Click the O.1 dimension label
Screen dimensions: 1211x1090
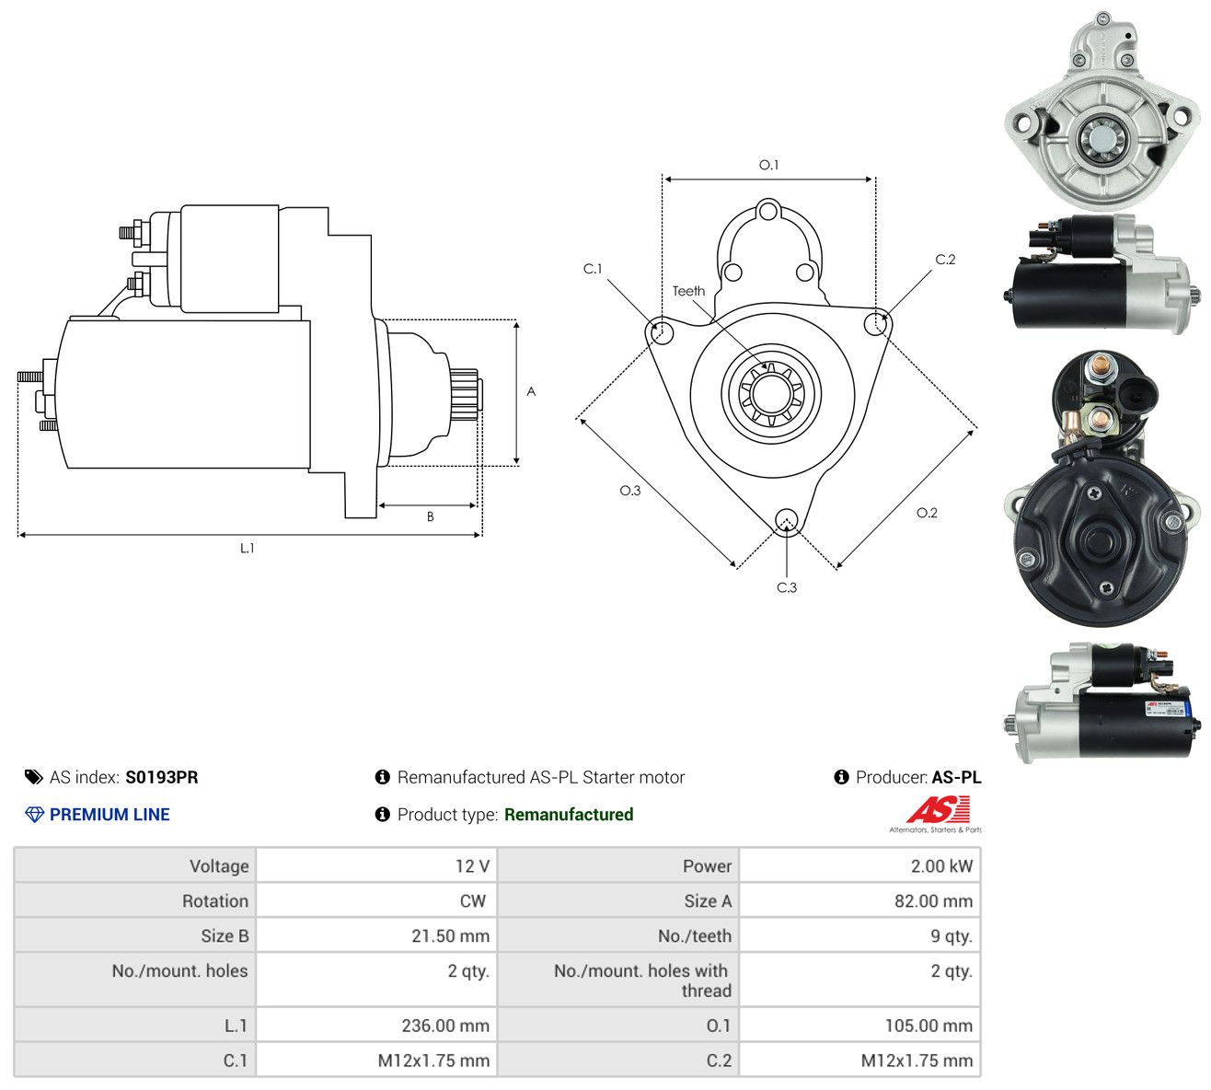tap(767, 165)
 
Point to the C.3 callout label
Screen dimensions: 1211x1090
tap(786, 587)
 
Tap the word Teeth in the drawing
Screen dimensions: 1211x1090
tap(688, 291)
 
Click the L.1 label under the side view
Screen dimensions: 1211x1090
tap(247, 548)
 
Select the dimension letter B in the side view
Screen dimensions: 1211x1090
tap(430, 516)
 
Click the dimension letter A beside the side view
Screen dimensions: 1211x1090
tap(531, 391)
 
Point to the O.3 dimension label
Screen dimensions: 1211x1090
tap(629, 491)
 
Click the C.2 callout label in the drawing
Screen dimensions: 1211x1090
tap(945, 260)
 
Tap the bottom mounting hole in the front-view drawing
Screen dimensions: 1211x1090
tap(785, 519)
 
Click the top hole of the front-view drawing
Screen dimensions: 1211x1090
tap(767, 212)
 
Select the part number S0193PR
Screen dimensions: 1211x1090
tap(161, 777)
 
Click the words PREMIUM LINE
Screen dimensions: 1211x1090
tap(110, 815)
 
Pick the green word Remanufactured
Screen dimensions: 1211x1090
tap(569, 815)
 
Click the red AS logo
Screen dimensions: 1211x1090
tap(938, 809)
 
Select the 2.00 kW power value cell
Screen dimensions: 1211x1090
tap(859, 866)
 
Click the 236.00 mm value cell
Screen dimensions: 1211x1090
tap(376, 1026)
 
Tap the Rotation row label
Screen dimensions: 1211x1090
tap(215, 901)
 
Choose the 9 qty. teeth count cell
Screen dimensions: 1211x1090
tap(859, 936)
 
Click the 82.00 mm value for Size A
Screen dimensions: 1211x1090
tap(933, 901)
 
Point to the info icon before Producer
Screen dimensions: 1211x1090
tap(841, 777)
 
